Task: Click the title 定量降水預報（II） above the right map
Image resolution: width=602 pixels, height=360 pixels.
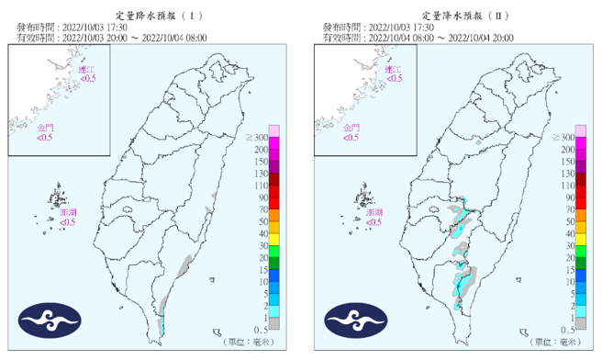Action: pyautogui.click(x=455, y=17)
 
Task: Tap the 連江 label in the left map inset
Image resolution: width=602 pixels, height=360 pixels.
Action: pyautogui.click(x=85, y=70)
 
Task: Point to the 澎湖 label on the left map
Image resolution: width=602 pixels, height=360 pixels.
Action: pyautogui.click(x=68, y=212)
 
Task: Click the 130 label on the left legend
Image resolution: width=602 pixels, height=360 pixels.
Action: pyautogui.click(x=261, y=173)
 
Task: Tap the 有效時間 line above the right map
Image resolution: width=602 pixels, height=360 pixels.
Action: pyautogui.click(x=418, y=39)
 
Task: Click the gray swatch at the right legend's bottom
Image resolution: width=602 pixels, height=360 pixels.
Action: pyautogui.click(x=579, y=322)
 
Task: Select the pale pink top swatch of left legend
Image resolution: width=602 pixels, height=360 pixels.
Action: pyautogui.click(x=273, y=130)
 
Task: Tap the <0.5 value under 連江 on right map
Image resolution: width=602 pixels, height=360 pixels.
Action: pyautogui.click(x=393, y=80)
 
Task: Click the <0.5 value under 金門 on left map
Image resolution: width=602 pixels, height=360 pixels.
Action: pyautogui.click(x=43, y=138)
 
